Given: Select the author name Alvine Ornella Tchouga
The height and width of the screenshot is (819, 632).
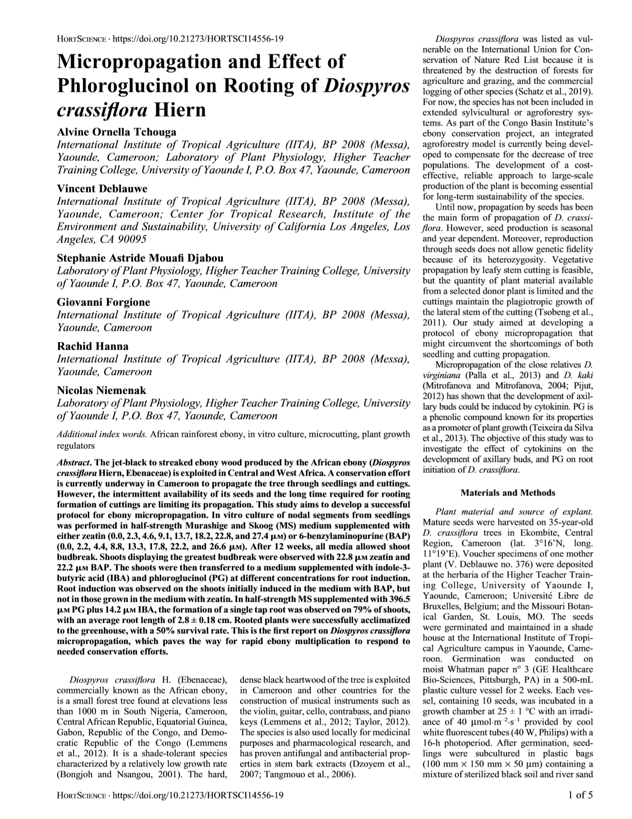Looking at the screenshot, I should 116,132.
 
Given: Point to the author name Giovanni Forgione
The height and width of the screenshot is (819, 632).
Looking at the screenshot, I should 103,302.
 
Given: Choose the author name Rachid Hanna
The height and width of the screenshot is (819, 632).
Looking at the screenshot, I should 92,346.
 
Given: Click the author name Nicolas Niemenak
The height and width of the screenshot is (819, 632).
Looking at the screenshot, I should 102,391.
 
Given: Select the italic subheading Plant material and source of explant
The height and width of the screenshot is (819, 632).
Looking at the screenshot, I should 514,512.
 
